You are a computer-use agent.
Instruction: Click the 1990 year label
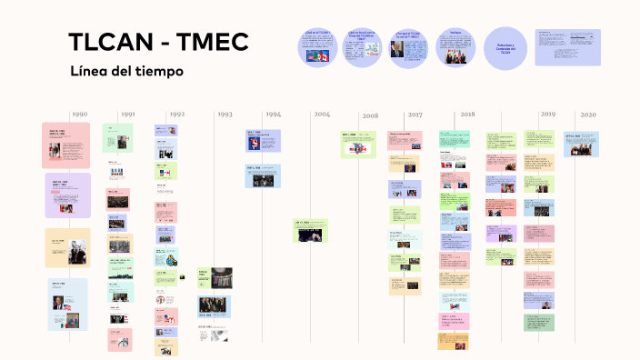point(80,115)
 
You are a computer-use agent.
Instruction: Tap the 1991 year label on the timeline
point(128,115)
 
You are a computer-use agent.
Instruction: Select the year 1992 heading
point(176,115)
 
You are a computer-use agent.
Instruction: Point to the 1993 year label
point(225,115)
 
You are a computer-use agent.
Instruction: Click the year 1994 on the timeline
point(273,115)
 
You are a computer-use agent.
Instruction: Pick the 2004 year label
point(322,115)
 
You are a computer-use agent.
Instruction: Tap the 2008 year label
point(370,116)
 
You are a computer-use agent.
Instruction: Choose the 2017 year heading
point(415,115)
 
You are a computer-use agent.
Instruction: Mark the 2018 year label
point(467,115)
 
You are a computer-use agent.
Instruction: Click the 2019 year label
point(547,115)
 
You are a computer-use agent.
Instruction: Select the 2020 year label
point(588,115)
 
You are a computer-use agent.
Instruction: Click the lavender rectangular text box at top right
point(567,47)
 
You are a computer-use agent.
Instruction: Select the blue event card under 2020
point(581,144)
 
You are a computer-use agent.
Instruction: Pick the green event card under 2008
point(358,144)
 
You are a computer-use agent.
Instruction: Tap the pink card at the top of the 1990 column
point(65,145)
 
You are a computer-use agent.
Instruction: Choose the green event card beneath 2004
point(310,230)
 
